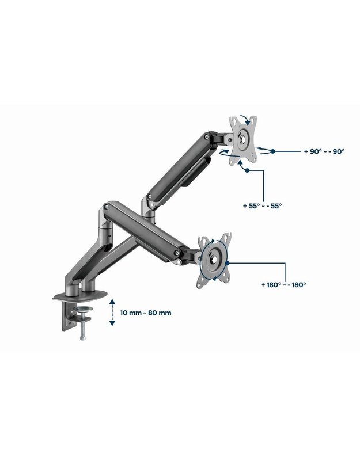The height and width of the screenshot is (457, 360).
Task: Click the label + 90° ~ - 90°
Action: (x=324, y=151)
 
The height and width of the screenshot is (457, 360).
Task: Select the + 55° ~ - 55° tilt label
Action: (x=262, y=206)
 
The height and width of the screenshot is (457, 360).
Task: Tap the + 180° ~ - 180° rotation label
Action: (x=283, y=285)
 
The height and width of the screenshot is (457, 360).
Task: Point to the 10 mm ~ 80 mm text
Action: (x=146, y=313)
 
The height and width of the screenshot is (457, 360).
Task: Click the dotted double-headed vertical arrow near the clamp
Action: (x=112, y=312)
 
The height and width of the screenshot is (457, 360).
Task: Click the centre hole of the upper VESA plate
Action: (x=242, y=139)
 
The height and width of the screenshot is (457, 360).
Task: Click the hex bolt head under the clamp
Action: (x=82, y=338)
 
